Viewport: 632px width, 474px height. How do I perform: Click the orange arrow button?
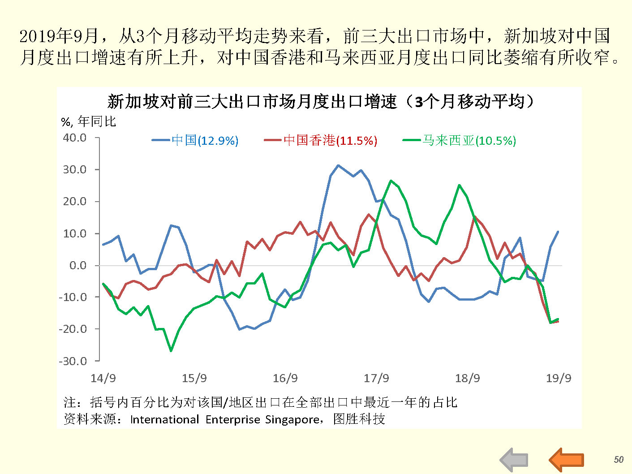[567, 460]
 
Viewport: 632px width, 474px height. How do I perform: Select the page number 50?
[619, 459]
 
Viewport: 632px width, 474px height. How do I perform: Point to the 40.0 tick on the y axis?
[75, 138]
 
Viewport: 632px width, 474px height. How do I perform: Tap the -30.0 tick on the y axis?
[73, 361]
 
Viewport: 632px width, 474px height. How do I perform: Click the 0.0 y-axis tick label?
[78, 265]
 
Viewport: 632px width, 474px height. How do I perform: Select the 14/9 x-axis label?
[103, 378]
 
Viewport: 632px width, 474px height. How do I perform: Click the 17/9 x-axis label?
[376, 378]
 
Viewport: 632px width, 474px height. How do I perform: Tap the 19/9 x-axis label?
[559, 378]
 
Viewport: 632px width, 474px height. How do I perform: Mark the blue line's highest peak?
[338, 165]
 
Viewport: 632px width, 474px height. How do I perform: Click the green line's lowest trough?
[171, 351]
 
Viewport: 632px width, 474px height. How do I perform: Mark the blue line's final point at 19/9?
[558, 232]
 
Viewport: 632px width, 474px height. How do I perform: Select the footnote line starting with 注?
[260, 402]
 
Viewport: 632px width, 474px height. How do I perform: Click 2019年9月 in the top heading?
[58, 36]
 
